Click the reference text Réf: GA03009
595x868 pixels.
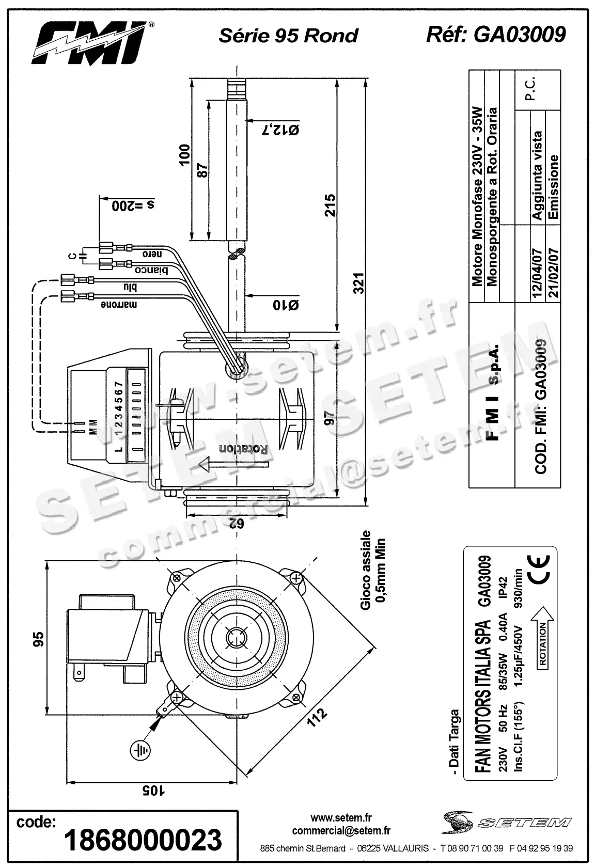tap(495, 35)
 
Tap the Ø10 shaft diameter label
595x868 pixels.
tap(286, 305)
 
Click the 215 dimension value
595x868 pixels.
tap(331, 205)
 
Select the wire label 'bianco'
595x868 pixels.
tap(151, 270)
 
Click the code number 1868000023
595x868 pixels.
tap(143, 840)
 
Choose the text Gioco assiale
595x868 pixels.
tap(366, 570)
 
